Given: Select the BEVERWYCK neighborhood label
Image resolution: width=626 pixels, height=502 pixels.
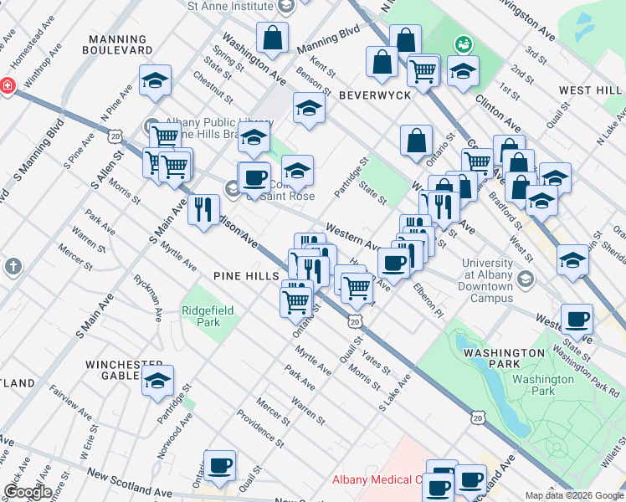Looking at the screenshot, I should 374,95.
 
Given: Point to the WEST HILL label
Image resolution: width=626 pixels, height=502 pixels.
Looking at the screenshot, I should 590,90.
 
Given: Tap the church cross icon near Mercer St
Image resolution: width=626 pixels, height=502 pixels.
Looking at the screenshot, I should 13,267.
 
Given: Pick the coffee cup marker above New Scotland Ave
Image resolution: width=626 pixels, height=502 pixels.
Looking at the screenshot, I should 219,465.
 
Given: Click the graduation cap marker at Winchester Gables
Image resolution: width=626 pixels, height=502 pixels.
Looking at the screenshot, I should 157,382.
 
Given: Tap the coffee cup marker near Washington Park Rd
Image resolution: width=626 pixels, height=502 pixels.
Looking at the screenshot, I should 577,319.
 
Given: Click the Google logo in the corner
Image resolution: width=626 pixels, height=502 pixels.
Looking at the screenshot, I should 27,492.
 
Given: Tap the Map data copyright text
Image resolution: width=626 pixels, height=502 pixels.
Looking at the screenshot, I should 574,495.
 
